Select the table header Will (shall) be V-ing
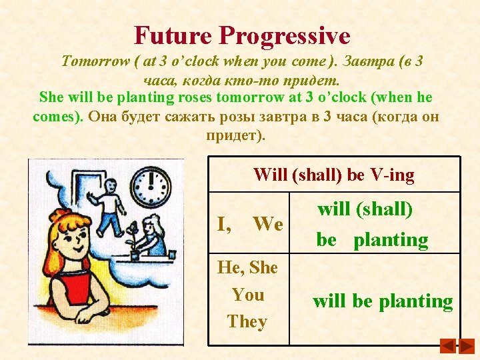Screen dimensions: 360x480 coord(333,175)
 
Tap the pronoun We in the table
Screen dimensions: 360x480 coord(268,225)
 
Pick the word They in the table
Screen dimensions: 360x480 coord(247,321)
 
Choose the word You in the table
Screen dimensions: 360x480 coord(247,295)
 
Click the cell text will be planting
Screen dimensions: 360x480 coord(383,301)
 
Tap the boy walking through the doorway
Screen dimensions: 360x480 coord(109,203)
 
